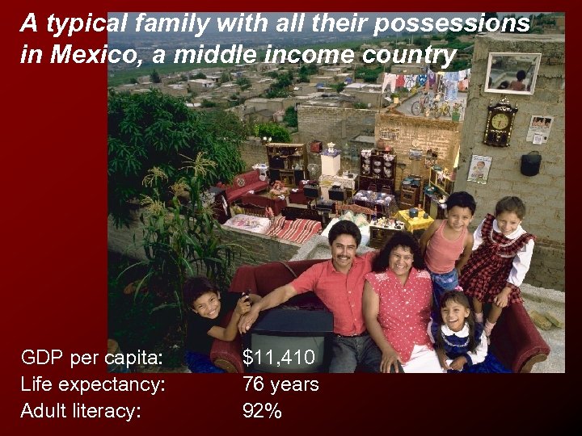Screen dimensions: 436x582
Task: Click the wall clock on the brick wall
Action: (x=500, y=122)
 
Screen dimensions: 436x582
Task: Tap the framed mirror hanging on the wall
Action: (x=512, y=73)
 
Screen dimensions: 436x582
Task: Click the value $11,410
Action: (x=278, y=357)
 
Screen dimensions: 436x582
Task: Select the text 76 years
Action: (x=280, y=384)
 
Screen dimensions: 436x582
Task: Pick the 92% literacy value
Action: (x=262, y=410)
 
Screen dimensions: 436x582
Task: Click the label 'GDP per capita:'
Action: (x=91, y=357)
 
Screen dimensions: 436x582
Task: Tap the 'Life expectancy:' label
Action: (x=93, y=384)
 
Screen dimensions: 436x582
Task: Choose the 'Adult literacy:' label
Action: (x=81, y=410)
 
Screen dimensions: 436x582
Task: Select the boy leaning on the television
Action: (x=209, y=311)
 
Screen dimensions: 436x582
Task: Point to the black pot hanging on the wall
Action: (x=530, y=164)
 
